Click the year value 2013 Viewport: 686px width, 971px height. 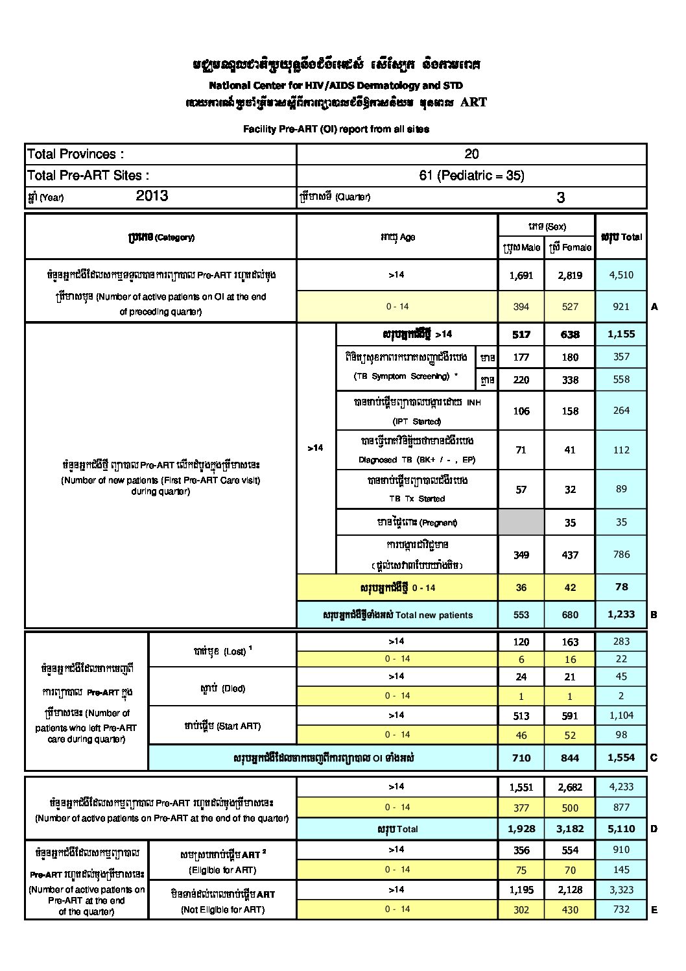(152, 196)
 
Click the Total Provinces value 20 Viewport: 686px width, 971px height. (471, 154)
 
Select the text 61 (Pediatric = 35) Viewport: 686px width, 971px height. (471, 175)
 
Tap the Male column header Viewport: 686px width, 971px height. (521, 247)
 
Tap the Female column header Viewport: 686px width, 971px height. (570, 247)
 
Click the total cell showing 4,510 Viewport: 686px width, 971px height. (621, 275)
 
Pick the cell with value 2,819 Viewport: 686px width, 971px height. (570, 275)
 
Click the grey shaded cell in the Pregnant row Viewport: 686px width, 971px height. (521, 522)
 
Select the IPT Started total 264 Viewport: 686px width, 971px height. (621, 411)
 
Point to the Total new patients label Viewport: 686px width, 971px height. (397, 615)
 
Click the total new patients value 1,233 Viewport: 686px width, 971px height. (621, 614)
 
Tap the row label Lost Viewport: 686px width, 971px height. (222, 651)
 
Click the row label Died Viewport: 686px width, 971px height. (222, 688)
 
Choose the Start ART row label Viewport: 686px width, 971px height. (222, 726)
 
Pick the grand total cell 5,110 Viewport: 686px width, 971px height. (621, 828)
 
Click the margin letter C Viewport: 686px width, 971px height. (654, 758)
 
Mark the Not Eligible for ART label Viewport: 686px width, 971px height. (222, 909)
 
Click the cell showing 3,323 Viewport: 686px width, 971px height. (621, 890)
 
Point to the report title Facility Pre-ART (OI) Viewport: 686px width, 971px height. (336, 129)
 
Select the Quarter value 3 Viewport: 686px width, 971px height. (560, 197)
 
